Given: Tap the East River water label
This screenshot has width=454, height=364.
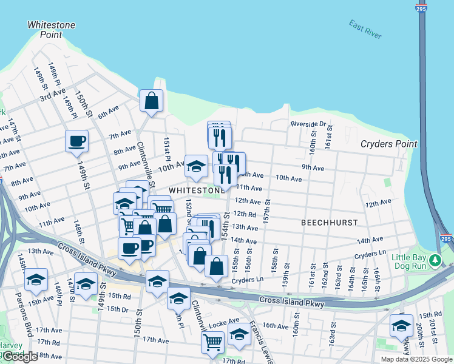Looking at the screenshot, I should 365,29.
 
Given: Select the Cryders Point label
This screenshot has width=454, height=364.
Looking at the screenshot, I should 388,144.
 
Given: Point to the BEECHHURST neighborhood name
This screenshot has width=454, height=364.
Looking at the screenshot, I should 330,223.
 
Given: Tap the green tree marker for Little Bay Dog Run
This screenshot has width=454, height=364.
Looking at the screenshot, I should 435,261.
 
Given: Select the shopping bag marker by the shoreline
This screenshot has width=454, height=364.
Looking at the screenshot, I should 151,101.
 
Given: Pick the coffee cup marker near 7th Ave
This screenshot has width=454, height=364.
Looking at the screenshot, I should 76,141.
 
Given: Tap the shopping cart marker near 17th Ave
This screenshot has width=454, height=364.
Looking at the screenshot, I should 212,342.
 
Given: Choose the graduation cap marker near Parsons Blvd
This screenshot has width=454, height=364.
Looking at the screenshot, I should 36,279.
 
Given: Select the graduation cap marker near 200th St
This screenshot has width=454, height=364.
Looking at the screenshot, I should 401,326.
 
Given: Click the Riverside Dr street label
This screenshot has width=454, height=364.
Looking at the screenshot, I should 308,124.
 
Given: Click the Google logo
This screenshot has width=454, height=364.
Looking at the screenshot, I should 19,357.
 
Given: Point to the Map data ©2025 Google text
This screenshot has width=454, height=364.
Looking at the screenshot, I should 416,359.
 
